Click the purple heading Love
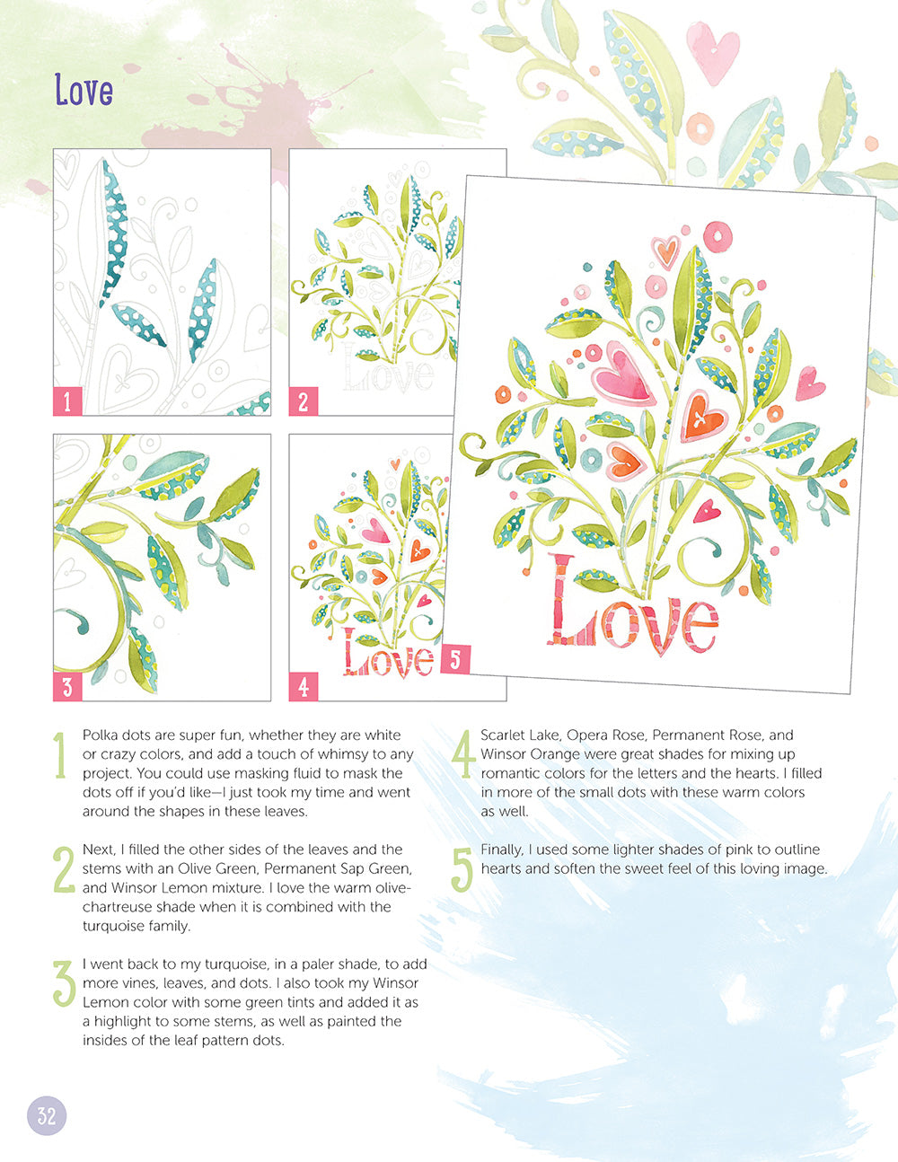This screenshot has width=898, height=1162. [84, 90]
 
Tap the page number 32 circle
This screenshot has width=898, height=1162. [47, 1115]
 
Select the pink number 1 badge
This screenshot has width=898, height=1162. [67, 401]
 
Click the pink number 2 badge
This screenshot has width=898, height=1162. [303, 401]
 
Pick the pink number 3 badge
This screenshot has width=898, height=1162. [67, 687]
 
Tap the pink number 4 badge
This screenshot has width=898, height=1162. [303, 687]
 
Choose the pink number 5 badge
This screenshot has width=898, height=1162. [454, 659]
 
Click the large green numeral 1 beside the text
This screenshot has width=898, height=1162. [60, 756]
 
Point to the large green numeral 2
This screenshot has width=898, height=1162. [63, 870]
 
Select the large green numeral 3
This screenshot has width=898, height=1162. [63, 984]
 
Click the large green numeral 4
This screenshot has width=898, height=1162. [462, 756]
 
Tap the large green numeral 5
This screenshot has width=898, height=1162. [461, 870]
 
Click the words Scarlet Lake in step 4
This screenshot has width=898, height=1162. [519, 735]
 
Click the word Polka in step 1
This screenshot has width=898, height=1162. [100, 735]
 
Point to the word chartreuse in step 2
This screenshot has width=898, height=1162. [120, 907]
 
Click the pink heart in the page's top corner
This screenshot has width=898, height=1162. [712, 51]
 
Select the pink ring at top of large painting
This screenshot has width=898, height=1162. [718, 235]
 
